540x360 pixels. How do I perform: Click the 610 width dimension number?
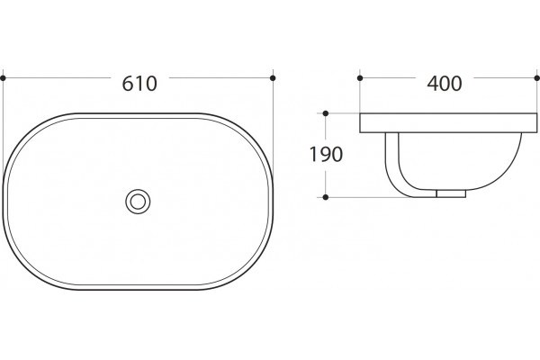pyautogui.click(x=139, y=84)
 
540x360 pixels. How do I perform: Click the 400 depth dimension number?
pyautogui.click(x=445, y=84)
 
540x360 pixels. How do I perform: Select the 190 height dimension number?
pyautogui.click(x=326, y=154)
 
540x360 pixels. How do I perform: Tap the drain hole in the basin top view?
pyautogui.click(x=138, y=202)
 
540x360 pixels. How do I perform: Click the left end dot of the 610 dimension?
pyautogui.click(x=3, y=78)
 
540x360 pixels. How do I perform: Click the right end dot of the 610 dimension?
pyautogui.click(x=273, y=78)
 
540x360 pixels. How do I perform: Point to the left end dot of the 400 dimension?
pyautogui.click(x=360, y=78)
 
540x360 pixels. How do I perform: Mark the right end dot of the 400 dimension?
pyautogui.click(x=537, y=78)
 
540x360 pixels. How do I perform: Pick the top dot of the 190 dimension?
pyautogui.click(x=326, y=113)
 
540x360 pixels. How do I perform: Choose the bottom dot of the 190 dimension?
pyautogui.click(x=326, y=197)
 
